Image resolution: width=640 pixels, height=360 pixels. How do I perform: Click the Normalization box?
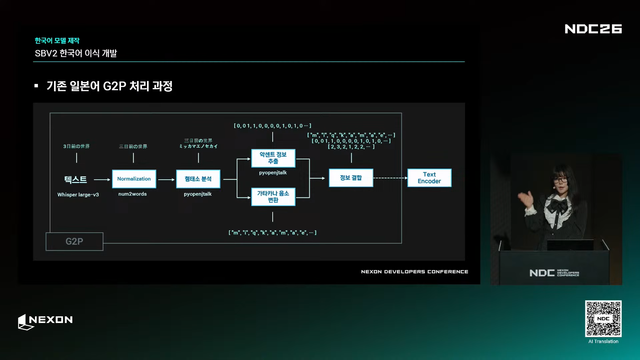point(134,179)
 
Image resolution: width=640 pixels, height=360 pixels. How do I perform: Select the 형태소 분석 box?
point(198,179)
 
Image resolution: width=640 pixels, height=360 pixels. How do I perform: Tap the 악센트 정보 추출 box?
point(273,158)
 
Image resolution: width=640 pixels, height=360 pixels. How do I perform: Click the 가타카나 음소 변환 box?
point(273,197)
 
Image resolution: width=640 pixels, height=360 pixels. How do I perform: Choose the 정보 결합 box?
point(351,178)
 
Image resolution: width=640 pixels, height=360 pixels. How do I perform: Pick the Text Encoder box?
point(429,178)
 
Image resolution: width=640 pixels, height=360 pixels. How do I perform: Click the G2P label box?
point(74,241)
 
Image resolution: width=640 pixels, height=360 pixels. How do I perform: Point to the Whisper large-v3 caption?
point(78,195)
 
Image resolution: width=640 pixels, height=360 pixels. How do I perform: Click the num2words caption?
point(132,194)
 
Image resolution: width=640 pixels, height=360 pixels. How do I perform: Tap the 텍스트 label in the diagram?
point(76,180)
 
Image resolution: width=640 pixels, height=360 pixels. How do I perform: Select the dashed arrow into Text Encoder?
point(390,178)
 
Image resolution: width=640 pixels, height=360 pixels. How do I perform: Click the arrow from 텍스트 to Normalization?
point(102,180)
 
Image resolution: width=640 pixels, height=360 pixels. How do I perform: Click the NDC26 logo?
point(593,29)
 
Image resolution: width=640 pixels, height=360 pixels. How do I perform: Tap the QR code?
point(603,319)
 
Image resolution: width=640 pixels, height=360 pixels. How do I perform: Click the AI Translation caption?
point(603,341)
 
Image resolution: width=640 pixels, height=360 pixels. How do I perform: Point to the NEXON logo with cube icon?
point(45,322)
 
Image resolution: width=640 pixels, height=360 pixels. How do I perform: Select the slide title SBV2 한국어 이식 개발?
point(76,53)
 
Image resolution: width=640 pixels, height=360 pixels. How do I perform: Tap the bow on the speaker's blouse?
point(558,205)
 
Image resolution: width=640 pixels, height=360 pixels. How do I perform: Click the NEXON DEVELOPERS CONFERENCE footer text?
point(415,272)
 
